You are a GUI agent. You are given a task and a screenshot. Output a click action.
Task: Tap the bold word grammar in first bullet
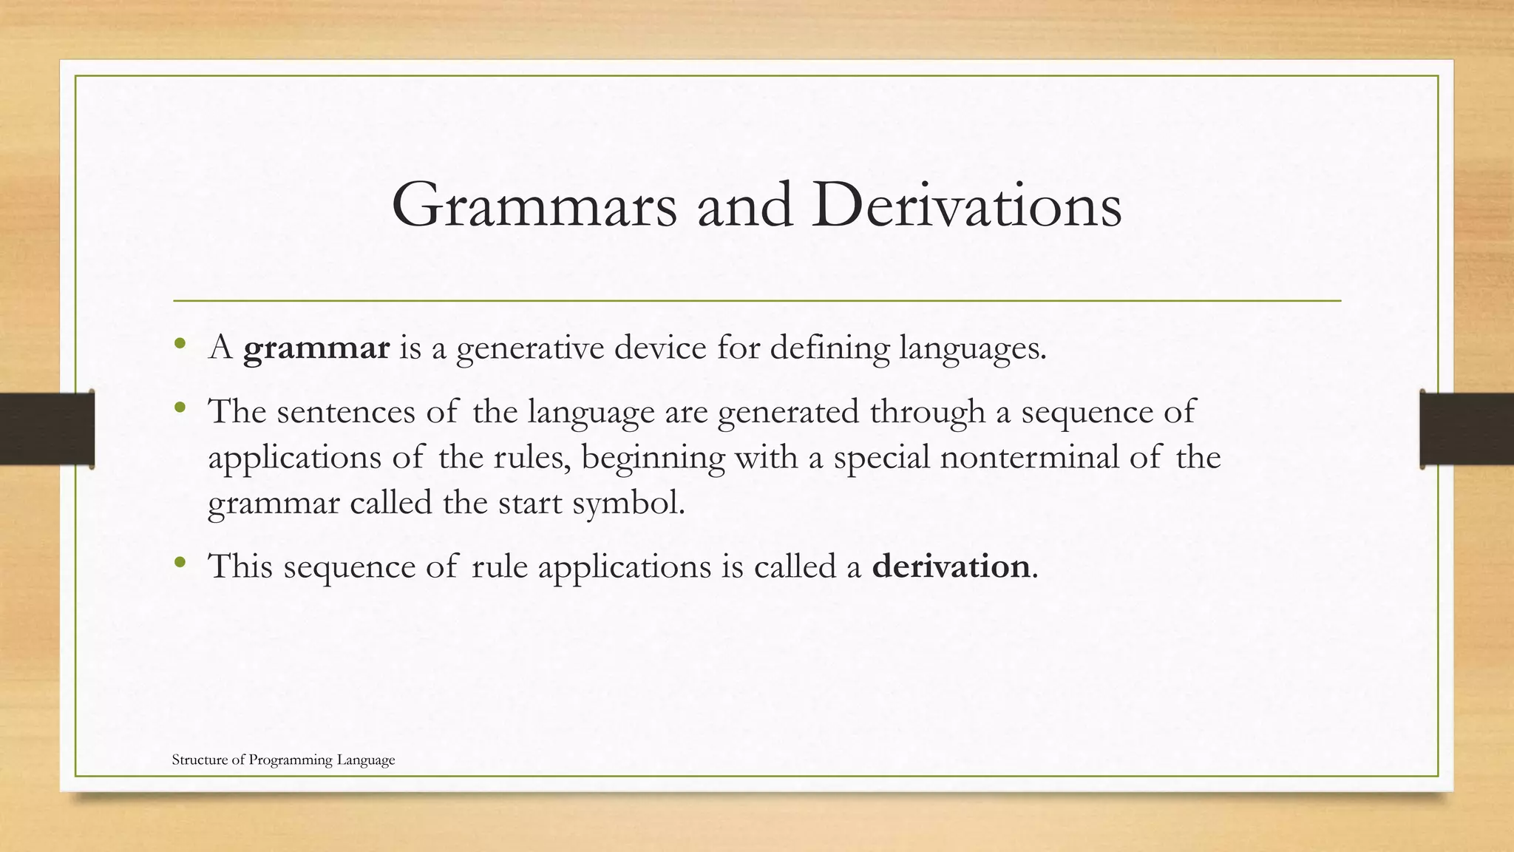click(316, 348)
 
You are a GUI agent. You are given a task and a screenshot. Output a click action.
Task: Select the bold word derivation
click(951, 567)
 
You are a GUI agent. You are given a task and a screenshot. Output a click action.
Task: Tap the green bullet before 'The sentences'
click(179, 408)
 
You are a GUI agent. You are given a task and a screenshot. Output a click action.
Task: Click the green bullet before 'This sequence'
click(179, 563)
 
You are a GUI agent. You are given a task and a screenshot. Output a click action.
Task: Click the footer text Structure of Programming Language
click(283, 760)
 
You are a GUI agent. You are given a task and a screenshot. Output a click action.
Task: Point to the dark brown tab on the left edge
click(47, 429)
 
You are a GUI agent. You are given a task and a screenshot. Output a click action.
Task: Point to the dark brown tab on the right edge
click(1467, 429)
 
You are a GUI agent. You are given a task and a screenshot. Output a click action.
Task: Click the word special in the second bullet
click(881, 458)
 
